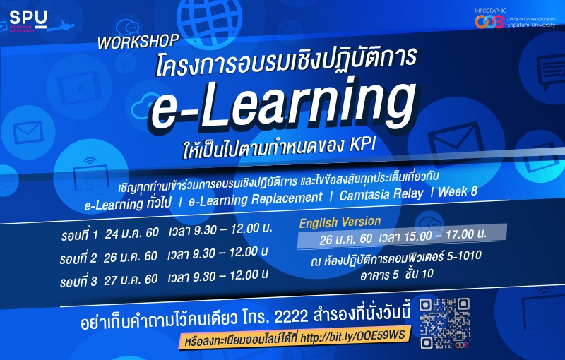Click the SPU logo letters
click(28, 18)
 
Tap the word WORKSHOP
click(138, 42)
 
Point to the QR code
click(445, 323)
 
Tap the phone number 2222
click(291, 317)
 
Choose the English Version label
click(340, 222)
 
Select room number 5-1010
click(464, 256)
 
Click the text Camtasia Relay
click(381, 194)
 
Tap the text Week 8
click(457, 191)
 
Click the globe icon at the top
click(210, 17)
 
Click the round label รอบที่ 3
click(78, 282)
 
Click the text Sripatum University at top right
click(531, 25)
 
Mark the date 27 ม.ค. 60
click(131, 280)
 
